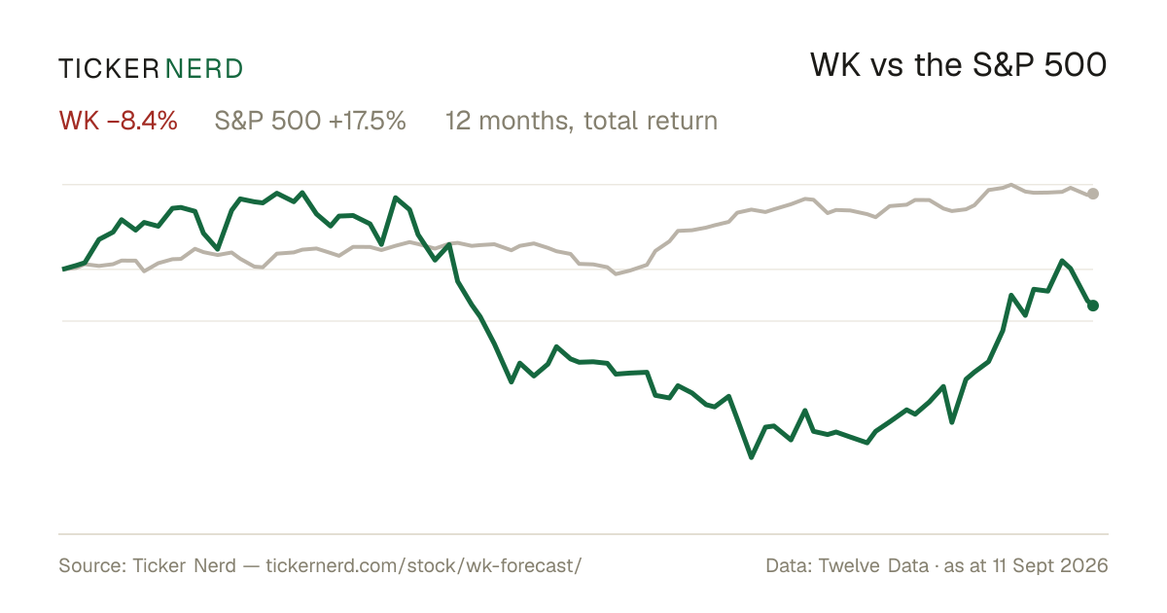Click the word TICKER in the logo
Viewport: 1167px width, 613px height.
coord(109,69)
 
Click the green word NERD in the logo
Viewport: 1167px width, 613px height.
coord(204,69)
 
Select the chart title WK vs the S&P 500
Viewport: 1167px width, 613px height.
coord(959,66)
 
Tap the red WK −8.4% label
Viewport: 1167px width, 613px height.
coord(119,121)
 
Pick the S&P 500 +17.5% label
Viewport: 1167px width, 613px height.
coord(310,121)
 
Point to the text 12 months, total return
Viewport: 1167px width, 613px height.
coord(582,122)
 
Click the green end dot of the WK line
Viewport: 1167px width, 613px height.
coord(1093,306)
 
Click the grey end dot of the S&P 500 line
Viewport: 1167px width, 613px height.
coord(1093,194)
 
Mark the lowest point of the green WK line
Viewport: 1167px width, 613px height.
coord(751,457)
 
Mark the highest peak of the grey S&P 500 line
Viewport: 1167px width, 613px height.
coord(1011,185)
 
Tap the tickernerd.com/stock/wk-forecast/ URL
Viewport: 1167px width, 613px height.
coord(424,565)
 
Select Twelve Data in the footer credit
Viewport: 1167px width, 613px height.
coord(873,565)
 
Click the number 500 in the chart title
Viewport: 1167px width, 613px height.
coord(1076,66)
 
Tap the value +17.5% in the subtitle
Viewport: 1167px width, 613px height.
coord(368,121)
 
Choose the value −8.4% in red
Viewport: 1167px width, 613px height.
coord(142,121)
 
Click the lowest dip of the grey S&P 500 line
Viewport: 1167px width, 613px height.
coord(617,273)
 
